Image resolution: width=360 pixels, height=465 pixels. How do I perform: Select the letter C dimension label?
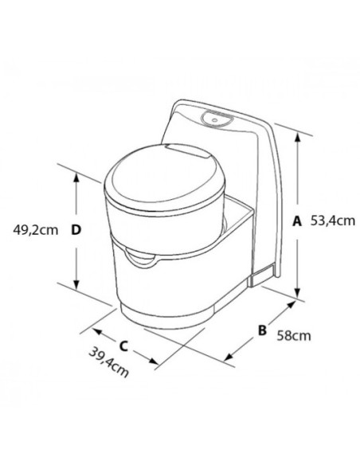[124, 346]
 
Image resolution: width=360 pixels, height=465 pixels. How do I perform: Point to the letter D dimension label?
[76, 230]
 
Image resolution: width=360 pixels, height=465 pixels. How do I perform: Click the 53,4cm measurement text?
[333, 222]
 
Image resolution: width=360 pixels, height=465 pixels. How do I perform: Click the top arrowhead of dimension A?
[297, 137]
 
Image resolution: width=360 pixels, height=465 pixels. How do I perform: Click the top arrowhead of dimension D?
[76, 178]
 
